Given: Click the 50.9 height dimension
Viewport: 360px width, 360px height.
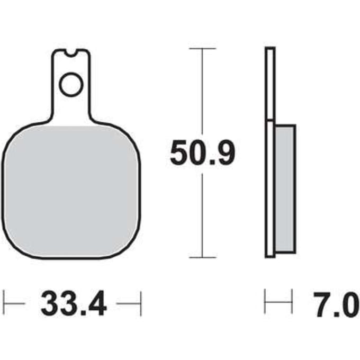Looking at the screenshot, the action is [x=202, y=152].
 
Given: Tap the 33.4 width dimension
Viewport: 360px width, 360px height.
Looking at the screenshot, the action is [x=74, y=303].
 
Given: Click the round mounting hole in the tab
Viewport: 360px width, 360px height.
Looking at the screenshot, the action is [x=71, y=84].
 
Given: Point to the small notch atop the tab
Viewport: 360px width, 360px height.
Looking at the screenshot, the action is [x=71, y=53].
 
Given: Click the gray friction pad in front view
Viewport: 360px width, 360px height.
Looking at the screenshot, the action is [x=71, y=191].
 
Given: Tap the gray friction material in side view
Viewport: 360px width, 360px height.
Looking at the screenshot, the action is [x=285, y=188].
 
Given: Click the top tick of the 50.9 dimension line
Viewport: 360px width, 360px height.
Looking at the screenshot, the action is [x=202, y=49].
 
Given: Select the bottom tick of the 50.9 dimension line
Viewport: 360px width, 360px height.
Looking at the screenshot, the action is [x=202, y=257].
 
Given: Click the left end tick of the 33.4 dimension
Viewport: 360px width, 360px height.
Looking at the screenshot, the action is [x=4, y=303].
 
